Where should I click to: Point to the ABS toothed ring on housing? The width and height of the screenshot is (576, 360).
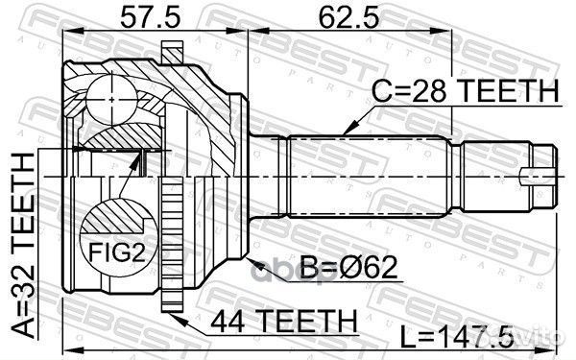[x=173, y=240]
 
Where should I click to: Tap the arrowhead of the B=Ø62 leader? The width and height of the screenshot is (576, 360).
[x=249, y=257]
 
